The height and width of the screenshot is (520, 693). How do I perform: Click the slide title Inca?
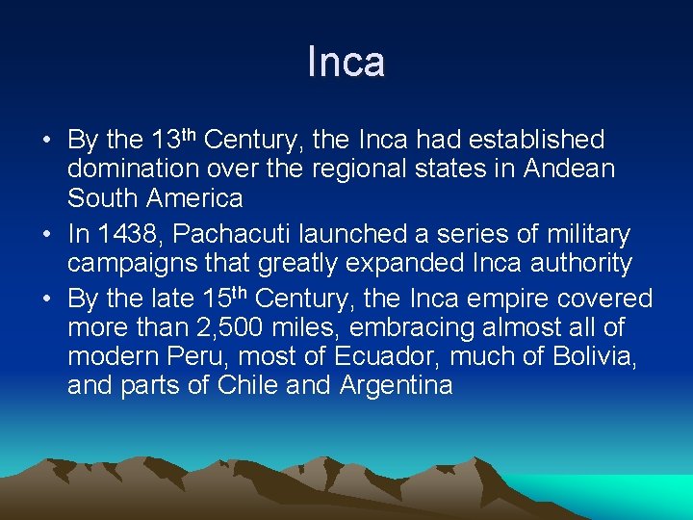(346, 62)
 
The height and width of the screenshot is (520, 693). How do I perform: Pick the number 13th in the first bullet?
(174, 139)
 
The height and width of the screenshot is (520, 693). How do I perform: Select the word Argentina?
(396, 387)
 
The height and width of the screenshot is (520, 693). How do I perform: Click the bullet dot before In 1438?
(47, 235)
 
